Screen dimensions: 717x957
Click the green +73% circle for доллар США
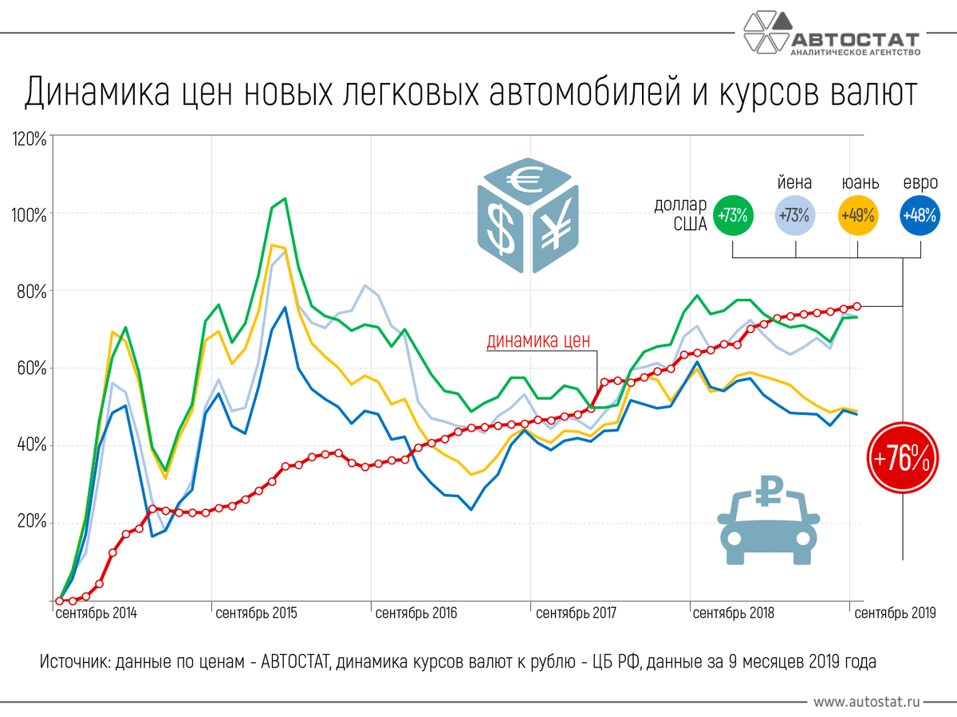pyautogui.click(x=733, y=215)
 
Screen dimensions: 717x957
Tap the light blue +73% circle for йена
pyautogui.click(x=796, y=215)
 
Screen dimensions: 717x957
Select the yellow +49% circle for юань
pyautogui.click(x=858, y=215)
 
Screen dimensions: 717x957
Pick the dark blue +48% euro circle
pyautogui.click(x=920, y=215)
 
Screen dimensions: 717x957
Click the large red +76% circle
pyautogui.click(x=902, y=458)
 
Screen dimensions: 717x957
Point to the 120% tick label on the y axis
pyautogui.click(x=30, y=139)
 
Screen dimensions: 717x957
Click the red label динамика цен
pyautogui.click(x=539, y=342)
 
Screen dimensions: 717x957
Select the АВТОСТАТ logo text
pyautogui.click(x=855, y=40)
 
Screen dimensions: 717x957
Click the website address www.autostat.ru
pyautogui.click(x=868, y=702)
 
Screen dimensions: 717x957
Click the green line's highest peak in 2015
pyautogui.click(x=286, y=198)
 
